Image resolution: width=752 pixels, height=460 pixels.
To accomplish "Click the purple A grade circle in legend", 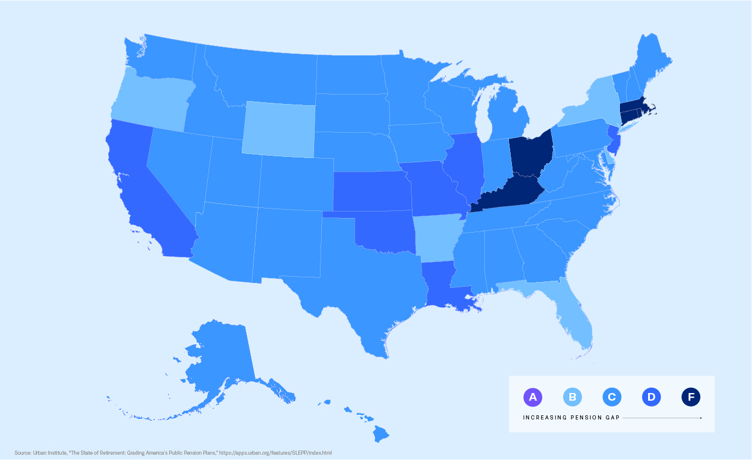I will click(532, 397).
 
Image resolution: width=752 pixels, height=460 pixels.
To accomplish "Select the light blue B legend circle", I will click(572, 397).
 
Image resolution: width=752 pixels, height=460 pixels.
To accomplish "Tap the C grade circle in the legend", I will click(612, 397).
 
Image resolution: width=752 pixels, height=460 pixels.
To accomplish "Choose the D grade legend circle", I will click(652, 397).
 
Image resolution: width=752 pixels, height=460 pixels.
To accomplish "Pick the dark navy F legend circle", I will click(691, 397).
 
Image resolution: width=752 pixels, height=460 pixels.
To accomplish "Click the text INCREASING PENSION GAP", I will click(571, 418).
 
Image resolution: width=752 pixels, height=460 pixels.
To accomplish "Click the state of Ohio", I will click(531, 154).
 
